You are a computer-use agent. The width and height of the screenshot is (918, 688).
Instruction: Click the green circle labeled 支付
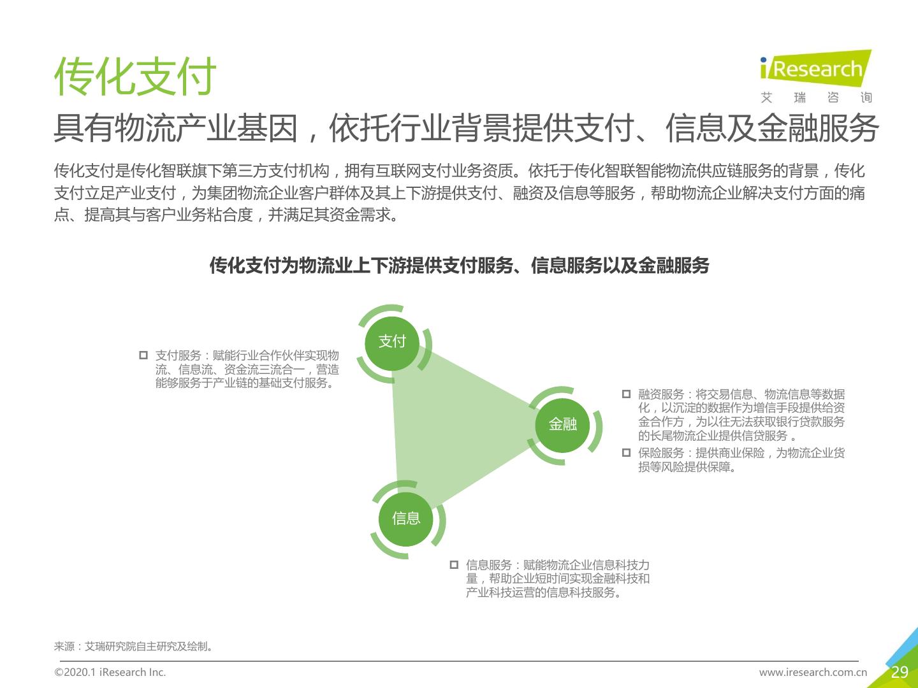(392, 343)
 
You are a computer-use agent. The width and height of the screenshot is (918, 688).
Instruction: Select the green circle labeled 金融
(562, 426)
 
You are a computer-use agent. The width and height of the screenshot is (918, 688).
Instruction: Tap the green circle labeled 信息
(405, 519)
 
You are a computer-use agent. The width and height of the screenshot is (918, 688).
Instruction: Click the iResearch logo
(815, 69)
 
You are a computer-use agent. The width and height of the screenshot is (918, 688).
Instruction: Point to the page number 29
(900, 672)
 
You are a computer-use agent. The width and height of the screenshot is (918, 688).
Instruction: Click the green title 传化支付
(135, 76)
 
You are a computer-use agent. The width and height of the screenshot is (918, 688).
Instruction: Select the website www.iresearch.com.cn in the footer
(813, 672)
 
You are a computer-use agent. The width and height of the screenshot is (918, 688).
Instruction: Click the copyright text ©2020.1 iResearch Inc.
(110, 672)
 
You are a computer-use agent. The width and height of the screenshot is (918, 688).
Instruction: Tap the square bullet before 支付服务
(143, 355)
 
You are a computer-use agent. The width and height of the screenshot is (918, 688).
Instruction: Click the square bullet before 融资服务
(626, 394)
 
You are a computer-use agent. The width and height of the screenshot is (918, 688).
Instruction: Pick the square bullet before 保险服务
(626, 452)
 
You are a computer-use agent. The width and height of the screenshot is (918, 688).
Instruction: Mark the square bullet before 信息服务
(454, 565)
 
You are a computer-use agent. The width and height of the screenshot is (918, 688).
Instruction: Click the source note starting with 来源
(134, 646)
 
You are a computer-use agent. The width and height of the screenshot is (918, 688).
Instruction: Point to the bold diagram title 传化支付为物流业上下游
(459, 265)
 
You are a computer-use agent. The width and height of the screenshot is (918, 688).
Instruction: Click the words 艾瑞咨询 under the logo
(816, 97)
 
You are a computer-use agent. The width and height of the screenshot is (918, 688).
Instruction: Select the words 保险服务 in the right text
(661, 453)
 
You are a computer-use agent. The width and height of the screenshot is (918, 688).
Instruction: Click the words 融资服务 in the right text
(661, 394)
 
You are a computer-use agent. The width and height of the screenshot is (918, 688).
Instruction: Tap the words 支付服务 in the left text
(178, 355)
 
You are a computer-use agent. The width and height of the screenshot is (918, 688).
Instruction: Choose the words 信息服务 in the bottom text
(488, 565)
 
